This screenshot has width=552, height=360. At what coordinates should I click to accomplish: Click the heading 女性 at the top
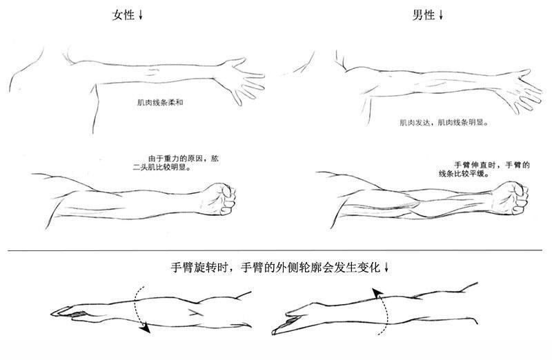[124, 15]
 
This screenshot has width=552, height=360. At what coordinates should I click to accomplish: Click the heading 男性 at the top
[424, 15]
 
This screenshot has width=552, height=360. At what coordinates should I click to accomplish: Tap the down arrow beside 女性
[141, 14]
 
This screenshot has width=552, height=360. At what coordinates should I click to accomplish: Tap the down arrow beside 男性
[441, 14]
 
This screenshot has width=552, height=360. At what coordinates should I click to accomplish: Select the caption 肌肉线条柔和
[160, 103]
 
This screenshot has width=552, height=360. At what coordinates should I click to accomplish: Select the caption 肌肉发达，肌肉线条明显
[444, 123]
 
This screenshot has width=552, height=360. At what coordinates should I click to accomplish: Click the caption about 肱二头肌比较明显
[176, 163]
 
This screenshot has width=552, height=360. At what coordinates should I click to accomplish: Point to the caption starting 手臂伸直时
[484, 169]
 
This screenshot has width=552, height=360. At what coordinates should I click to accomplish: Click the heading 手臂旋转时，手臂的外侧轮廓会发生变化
[275, 268]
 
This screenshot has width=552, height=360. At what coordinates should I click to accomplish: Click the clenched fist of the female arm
[218, 199]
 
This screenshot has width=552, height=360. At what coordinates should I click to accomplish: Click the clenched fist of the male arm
[511, 198]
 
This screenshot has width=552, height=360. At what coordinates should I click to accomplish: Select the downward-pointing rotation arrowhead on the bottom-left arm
[145, 329]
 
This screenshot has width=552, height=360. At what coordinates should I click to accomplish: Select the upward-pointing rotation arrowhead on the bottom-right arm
[377, 293]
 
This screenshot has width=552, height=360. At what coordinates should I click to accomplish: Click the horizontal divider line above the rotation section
[275, 250]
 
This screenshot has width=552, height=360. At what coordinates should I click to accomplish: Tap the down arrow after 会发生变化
[386, 268]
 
